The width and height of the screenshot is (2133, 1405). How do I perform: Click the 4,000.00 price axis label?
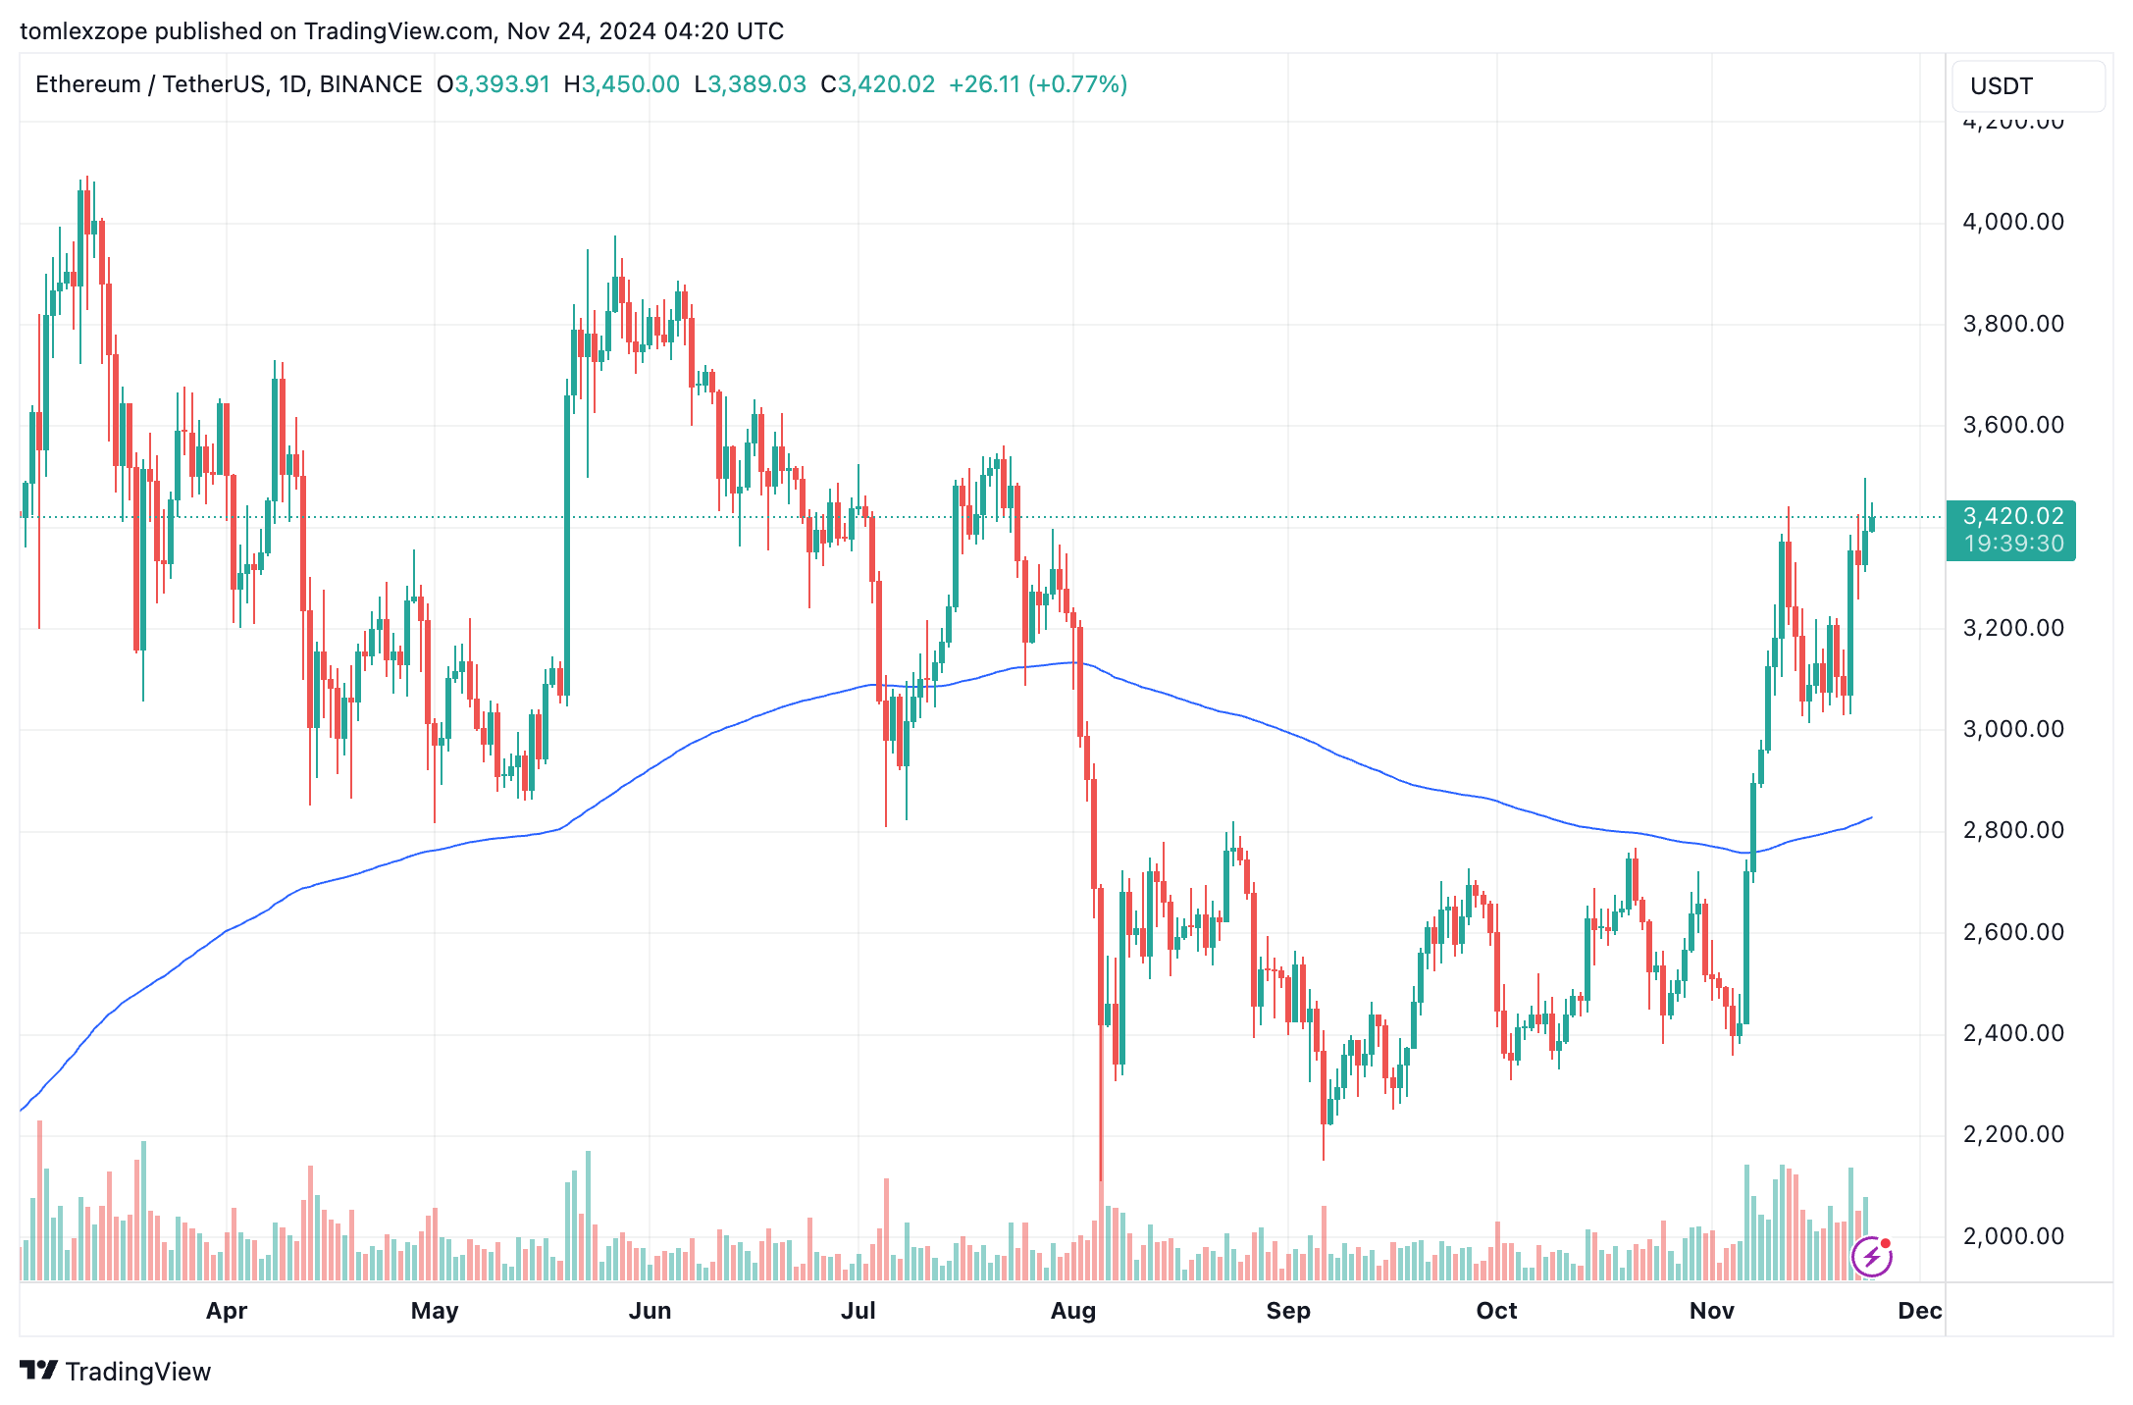pyautogui.click(x=2012, y=222)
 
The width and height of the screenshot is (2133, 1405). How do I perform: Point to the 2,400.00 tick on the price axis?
pyautogui.click(x=2012, y=1033)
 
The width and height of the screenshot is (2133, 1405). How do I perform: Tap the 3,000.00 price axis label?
pyautogui.click(x=2012, y=729)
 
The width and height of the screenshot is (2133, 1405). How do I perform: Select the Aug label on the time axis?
pyautogui.click(x=1072, y=1311)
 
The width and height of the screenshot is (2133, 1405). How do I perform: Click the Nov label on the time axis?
pyautogui.click(x=1711, y=1311)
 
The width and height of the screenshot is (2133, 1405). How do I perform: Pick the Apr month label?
pyautogui.click(x=227, y=1311)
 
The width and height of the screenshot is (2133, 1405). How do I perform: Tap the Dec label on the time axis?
pyautogui.click(x=1919, y=1311)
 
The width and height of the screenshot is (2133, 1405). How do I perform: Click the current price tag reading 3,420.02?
pyautogui.click(x=2012, y=516)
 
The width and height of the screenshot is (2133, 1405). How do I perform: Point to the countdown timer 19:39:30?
pyautogui.click(x=2012, y=544)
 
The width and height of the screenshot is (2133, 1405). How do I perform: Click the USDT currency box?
pyautogui.click(x=2027, y=86)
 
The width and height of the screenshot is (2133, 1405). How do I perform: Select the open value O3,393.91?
pyautogui.click(x=494, y=84)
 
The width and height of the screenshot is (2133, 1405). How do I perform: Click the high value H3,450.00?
pyautogui.click(x=622, y=84)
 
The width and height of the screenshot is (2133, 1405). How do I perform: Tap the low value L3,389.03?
pyautogui.click(x=750, y=84)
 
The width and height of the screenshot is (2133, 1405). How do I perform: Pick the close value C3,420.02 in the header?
pyautogui.click(x=878, y=84)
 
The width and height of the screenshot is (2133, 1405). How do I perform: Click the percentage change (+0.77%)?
pyautogui.click(x=1077, y=84)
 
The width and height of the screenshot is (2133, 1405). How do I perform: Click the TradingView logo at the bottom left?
pyautogui.click(x=116, y=1371)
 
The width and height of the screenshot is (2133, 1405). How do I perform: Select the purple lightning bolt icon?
pyautogui.click(x=1871, y=1256)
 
